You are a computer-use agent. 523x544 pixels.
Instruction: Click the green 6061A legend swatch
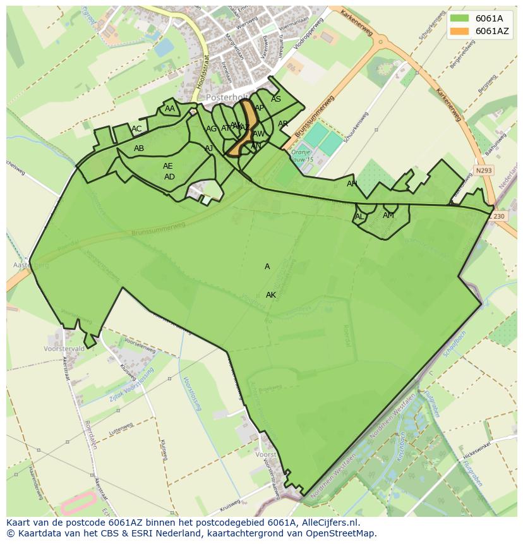[x=459, y=18]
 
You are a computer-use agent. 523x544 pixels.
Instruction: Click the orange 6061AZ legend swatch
[x=459, y=31]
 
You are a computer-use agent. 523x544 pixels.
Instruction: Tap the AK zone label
[x=271, y=295]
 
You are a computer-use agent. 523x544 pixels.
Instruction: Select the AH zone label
[x=352, y=184]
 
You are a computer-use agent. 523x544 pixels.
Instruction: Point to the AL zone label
[x=359, y=217]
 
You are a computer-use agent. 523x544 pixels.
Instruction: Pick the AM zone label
[x=388, y=215]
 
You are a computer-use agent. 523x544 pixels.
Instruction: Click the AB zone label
[x=139, y=148]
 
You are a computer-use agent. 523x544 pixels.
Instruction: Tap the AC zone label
[x=136, y=129]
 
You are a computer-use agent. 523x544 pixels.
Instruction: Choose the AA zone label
[x=170, y=109]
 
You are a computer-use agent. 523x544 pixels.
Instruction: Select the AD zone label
[x=169, y=177]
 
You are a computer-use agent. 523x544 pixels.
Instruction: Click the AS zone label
[x=276, y=99]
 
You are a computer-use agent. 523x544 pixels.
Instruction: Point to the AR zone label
[x=283, y=124]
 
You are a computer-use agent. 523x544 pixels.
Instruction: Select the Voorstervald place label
[x=64, y=349]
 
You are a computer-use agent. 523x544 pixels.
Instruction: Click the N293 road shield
[x=483, y=171]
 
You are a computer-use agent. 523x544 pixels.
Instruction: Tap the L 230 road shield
[x=498, y=217]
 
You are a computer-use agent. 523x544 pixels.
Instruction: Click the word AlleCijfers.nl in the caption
[x=322, y=523]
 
